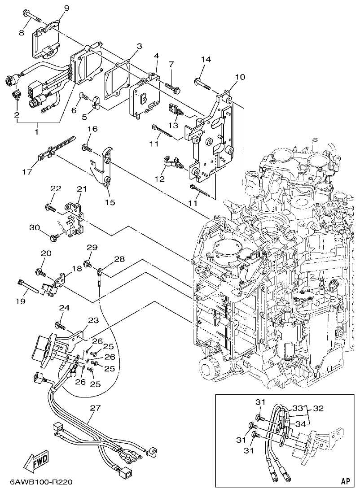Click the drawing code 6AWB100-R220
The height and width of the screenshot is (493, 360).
point(40,483)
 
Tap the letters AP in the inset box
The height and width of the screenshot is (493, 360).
point(345,481)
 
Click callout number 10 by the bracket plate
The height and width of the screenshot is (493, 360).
point(240,77)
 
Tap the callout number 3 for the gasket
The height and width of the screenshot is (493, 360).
point(139,46)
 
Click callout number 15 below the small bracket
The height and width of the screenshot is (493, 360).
point(110,202)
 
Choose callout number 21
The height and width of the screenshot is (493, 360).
point(81,189)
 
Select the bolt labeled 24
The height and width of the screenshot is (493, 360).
point(58,324)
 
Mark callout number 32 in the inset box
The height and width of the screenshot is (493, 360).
point(318,409)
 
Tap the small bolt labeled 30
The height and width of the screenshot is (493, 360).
point(56,236)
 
